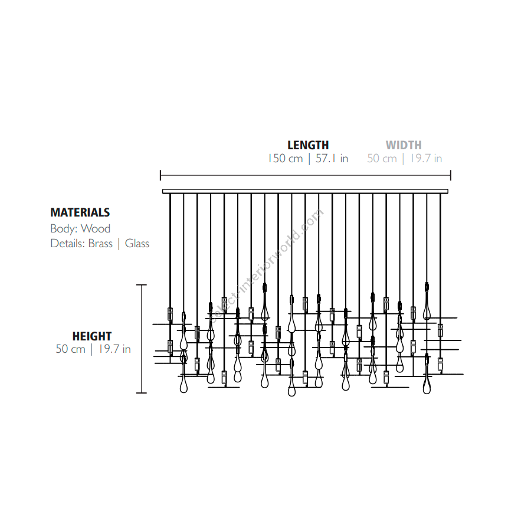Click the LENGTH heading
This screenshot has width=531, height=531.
[x=308, y=145]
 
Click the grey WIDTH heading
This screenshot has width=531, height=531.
[x=404, y=145]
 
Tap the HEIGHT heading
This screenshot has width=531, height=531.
[x=92, y=336]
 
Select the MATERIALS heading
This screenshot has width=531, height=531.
[x=80, y=212]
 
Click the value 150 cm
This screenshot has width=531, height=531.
[x=285, y=159]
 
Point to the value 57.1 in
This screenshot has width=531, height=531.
[x=332, y=159]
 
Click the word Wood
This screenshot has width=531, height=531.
[x=96, y=228]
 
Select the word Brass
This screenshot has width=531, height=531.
[x=100, y=244]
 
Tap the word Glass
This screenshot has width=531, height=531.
[x=137, y=244]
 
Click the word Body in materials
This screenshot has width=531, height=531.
[x=64, y=229]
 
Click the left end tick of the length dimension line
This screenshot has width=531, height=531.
[x=160, y=175]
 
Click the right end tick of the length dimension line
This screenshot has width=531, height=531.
[x=451, y=175]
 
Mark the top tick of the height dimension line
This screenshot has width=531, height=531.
[x=142, y=285]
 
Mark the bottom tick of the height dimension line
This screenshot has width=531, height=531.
[x=142, y=393]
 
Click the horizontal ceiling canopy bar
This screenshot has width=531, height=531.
[x=306, y=191]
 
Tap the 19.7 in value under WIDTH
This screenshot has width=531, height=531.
[x=426, y=159]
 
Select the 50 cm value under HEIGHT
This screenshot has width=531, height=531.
[x=70, y=349]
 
